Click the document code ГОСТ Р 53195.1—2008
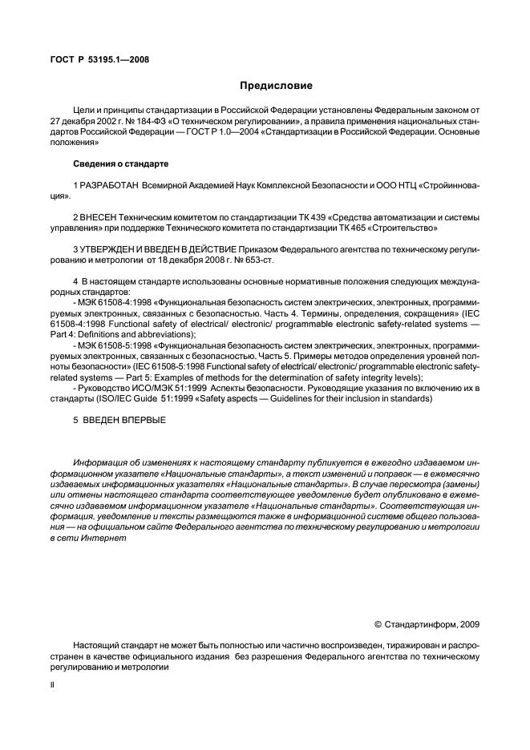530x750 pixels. point(99,59)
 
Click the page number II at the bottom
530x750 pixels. point(52,686)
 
